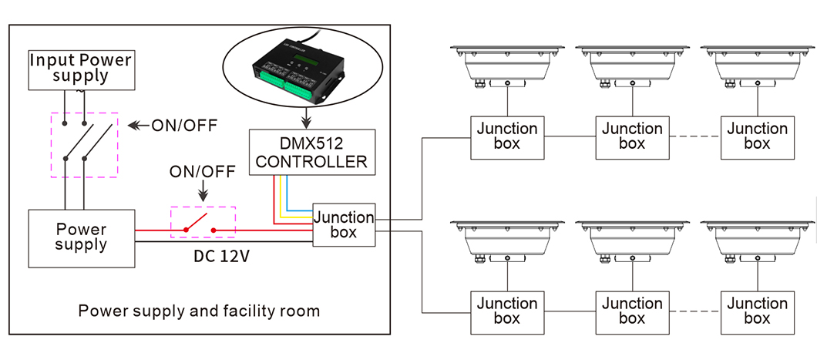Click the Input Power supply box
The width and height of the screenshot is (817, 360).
[x=80, y=69]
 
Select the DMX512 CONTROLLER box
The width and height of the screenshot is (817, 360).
[x=311, y=152]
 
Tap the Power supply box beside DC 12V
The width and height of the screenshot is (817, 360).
[x=81, y=237]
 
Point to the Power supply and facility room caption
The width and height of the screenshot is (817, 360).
[x=199, y=311]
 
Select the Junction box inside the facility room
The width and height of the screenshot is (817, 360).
[x=343, y=224]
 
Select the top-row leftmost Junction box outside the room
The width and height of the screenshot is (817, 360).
[x=506, y=137]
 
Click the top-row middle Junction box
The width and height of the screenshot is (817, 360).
[x=631, y=137]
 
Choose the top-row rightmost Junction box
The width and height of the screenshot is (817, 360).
[x=756, y=137]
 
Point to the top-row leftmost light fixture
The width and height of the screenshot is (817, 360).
[x=506, y=66]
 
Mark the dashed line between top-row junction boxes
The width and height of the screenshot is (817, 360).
[x=694, y=137]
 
